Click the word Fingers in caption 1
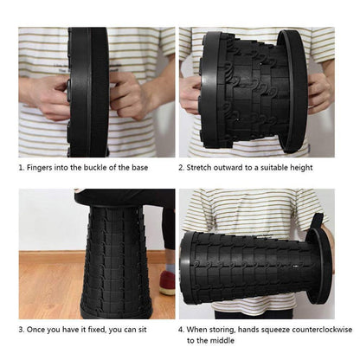[x=44, y=167]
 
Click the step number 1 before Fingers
[x=21, y=167]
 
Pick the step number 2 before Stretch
[x=182, y=167]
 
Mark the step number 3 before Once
[x=21, y=330]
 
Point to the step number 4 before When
[x=182, y=330]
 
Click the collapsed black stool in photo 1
[x=89, y=91]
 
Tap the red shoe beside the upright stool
[x=167, y=283]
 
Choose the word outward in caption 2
[x=246, y=167]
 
